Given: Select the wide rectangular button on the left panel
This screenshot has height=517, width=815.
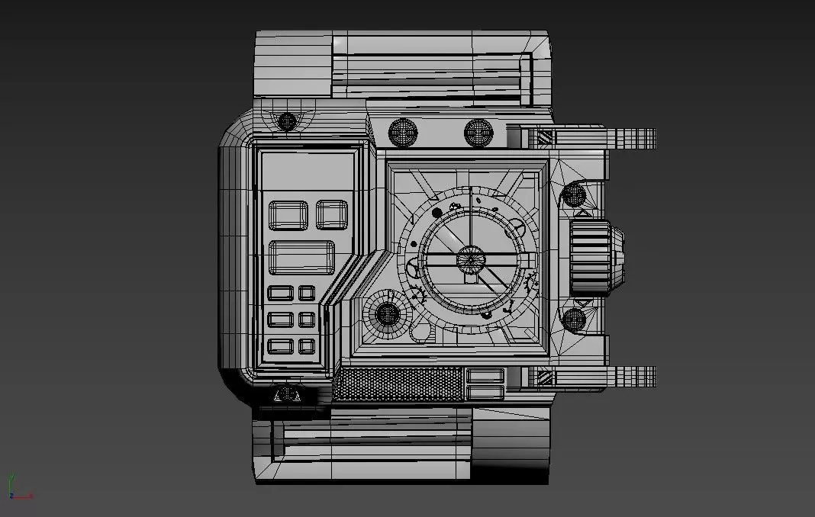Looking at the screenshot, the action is [x=301, y=257].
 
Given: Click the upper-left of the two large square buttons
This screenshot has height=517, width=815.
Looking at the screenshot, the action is [x=288, y=215].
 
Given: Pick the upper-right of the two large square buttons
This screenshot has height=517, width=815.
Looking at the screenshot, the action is [x=332, y=214].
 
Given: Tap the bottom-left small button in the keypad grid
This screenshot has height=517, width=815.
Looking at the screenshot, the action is [x=281, y=346].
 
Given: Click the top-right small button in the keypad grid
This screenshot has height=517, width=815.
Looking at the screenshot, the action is [x=307, y=293].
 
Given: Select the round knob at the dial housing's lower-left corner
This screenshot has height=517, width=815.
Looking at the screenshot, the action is [x=388, y=313].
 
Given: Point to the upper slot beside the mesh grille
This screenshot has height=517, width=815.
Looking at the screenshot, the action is [x=484, y=374].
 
